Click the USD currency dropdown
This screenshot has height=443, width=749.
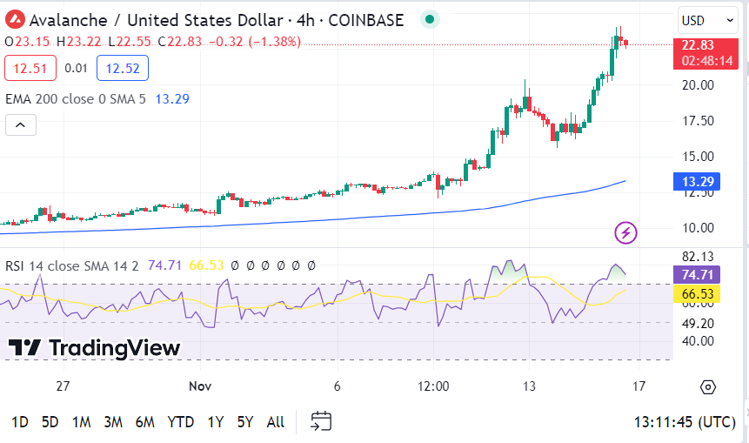[707, 20]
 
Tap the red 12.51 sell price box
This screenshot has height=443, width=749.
[30, 68]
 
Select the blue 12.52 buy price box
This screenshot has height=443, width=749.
[123, 68]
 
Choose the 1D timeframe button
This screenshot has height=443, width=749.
[19, 422]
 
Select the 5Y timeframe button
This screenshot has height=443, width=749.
[245, 422]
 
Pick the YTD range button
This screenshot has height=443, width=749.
[180, 422]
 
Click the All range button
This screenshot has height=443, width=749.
[275, 422]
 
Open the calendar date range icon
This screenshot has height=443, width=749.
[321, 422]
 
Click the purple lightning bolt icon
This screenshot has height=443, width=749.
[626, 232]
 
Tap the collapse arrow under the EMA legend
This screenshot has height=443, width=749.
[21, 125]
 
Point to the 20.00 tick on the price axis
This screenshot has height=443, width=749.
[698, 85]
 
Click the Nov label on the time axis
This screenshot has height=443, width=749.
[201, 386]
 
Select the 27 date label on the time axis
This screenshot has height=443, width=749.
[62, 386]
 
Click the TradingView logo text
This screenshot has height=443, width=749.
[94, 348]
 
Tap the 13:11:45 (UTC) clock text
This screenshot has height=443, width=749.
[685, 422]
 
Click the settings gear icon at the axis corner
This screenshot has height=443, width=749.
[707, 386]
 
